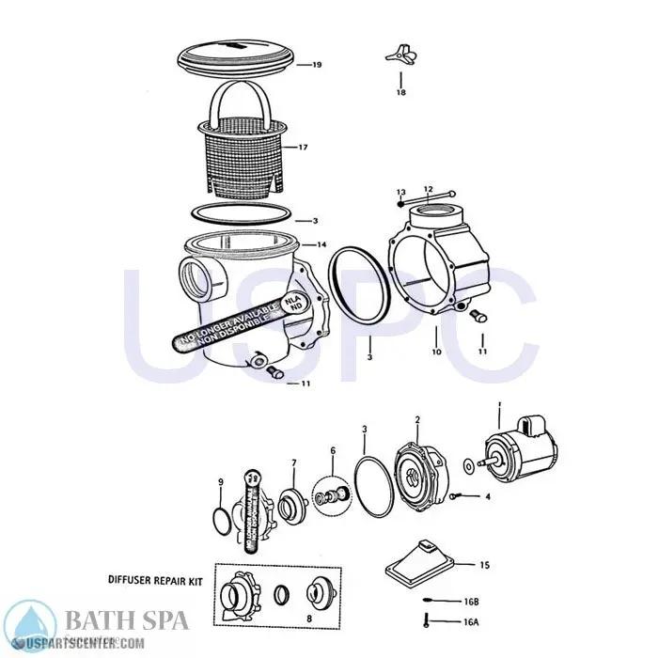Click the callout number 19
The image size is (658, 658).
pos(317,66)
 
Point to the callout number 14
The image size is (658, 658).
pos(321,244)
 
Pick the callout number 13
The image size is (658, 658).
pos(400,191)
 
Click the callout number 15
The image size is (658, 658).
pos(484,565)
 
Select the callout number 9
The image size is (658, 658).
pos(220,481)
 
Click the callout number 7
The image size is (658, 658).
pos(293,462)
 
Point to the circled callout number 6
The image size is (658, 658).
pos(331,452)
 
